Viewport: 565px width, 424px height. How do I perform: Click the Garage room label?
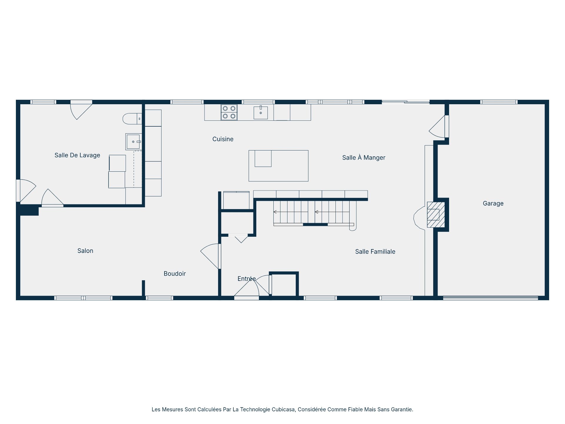coord(493,203)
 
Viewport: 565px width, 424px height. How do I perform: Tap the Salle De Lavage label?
coord(77,155)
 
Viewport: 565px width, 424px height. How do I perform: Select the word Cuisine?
coord(223,139)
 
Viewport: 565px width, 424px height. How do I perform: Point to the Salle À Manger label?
coord(363,158)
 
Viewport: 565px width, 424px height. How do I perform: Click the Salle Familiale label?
coord(375,251)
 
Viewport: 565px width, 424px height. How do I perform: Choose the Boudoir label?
coord(175,274)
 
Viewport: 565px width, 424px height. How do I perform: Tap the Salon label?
coord(85,251)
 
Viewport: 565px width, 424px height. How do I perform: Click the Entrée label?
coord(246,279)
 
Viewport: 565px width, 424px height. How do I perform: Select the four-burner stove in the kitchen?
coord(229,112)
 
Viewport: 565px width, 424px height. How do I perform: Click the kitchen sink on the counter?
coord(261,112)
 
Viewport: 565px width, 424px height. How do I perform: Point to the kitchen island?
coord(278,166)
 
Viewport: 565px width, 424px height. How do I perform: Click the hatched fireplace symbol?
coord(436,214)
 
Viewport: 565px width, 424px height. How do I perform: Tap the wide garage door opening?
coord(490,298)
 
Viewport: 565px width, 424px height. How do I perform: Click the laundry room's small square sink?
coord(133,142)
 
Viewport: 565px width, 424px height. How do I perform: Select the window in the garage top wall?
coord(499,102)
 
